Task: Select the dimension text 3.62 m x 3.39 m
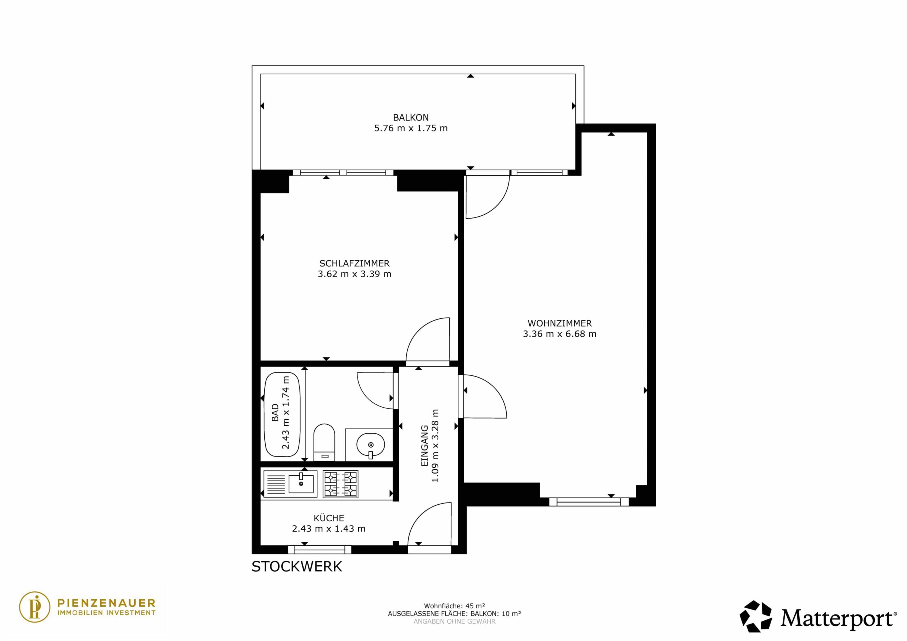pos(354,274)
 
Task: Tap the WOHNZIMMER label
pos(559,323)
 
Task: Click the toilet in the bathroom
pos(324,442)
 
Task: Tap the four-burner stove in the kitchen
pos(340,484)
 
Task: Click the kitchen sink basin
pos(301,484)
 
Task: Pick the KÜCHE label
pos(329,518)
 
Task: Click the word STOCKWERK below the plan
pos(297,567)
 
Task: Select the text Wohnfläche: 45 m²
pos(454,606)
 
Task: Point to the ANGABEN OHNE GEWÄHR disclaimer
pos(454,622)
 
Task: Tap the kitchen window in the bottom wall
pos(320,549)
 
